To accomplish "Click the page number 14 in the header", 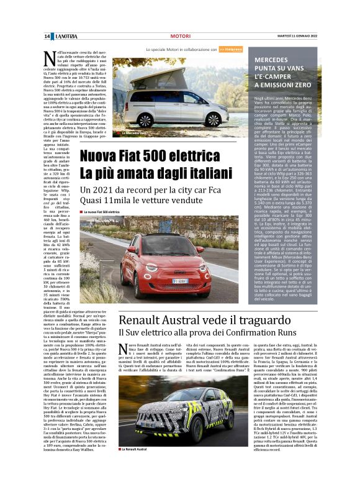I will [47, 37].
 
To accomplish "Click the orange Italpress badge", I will [230, 49].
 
